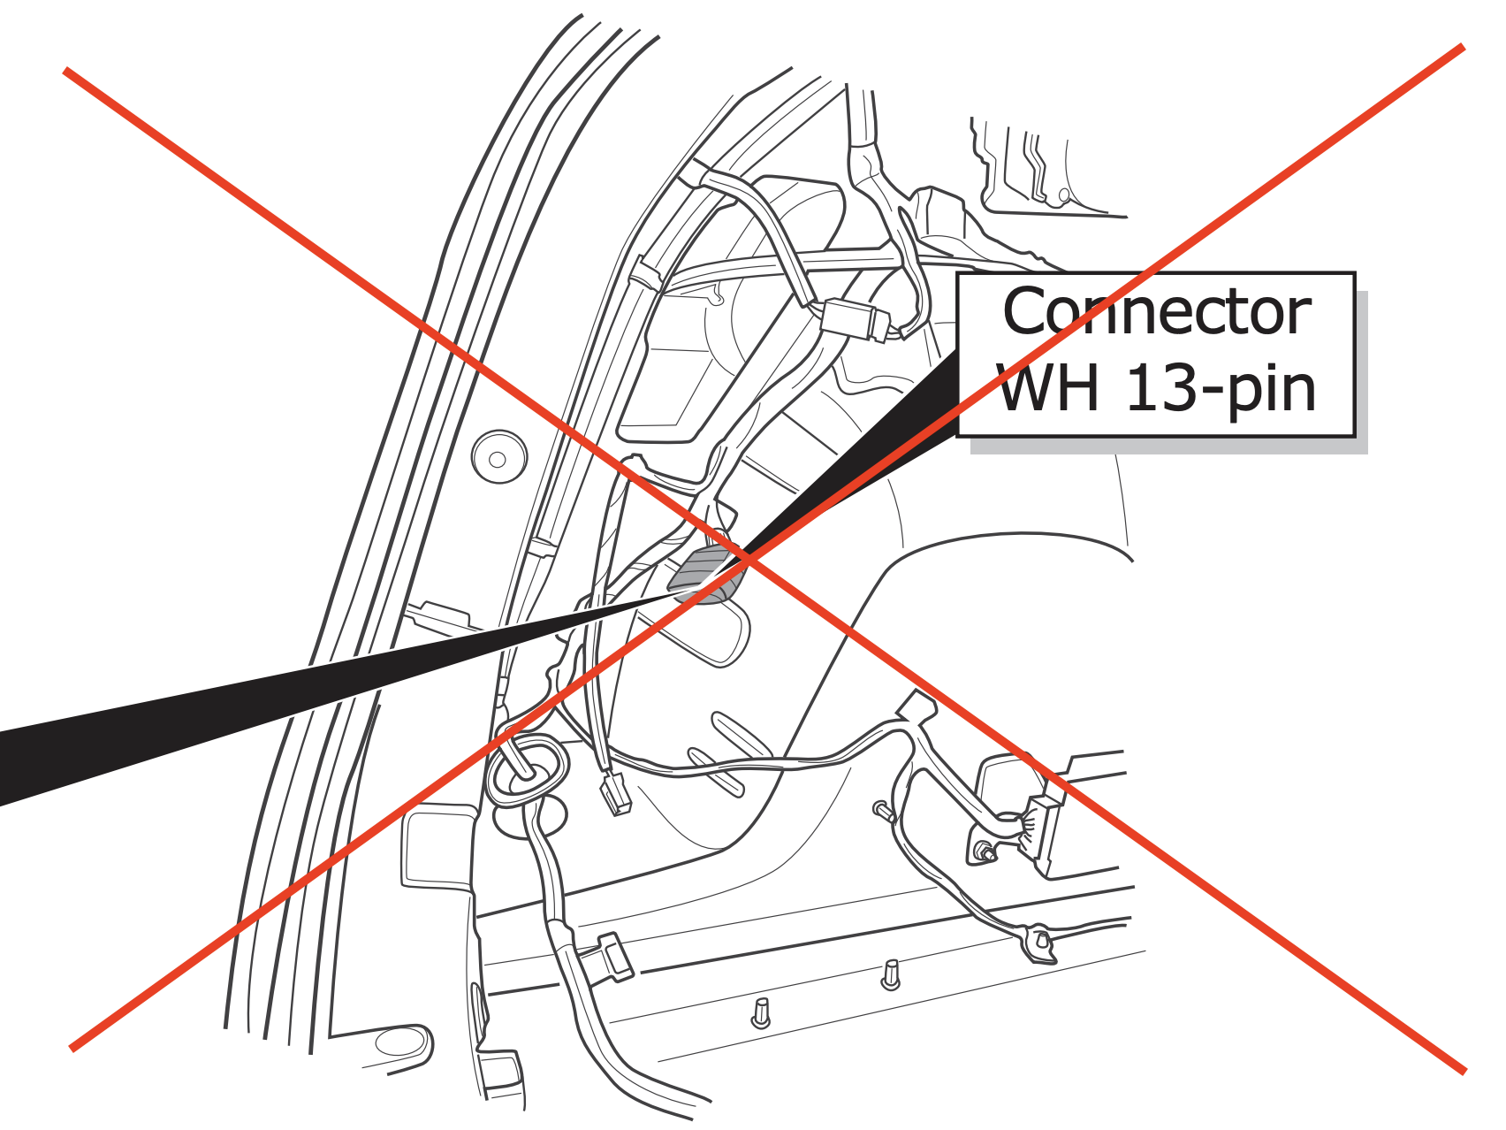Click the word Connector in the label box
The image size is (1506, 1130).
tap(1156, 312)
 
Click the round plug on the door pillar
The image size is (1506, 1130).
tap(499, 457)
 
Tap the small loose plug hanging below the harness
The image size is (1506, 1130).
tap(616, 794)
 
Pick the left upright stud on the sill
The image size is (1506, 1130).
tap(761, 1013)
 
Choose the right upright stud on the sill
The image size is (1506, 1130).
tap(891, 975)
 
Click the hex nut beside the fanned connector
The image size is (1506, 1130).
tap(983, 853)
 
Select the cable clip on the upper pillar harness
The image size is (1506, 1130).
tap(644, 274)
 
